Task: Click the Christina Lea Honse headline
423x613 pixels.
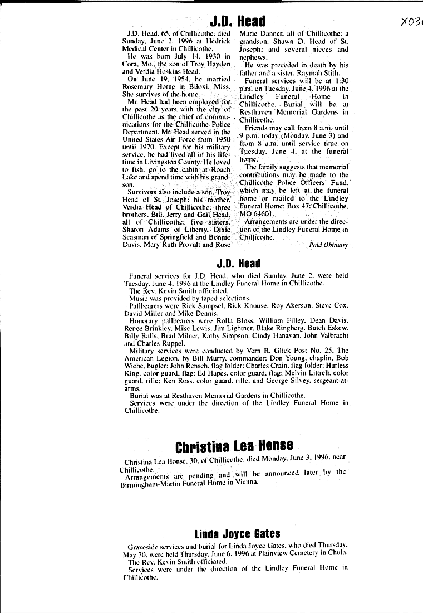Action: pyautogui.click(x=234, y=446)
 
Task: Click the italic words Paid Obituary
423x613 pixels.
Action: pyautogui.click(x=328, y=245)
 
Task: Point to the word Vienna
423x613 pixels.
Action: pyautogui.click(x=246, y=481)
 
